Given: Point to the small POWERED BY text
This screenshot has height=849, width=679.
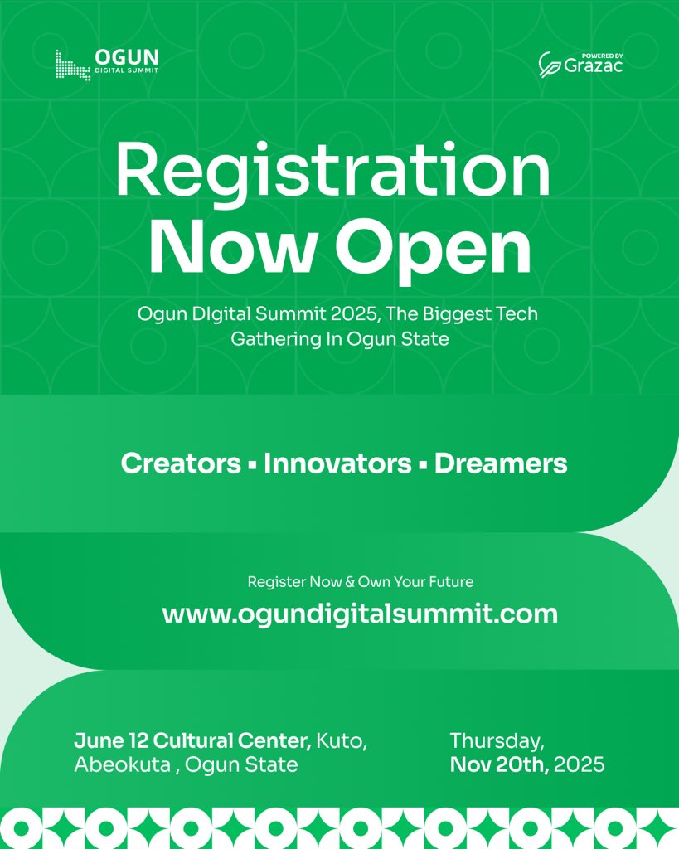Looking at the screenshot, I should tap(603, 56).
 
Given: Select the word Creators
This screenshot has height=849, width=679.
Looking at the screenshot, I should tap(181, 463).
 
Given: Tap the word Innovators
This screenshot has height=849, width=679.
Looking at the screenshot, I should tap(337, 463).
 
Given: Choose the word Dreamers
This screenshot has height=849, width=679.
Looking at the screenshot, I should tap(501, 463).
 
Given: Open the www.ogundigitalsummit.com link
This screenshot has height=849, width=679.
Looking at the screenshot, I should tap(360, 614).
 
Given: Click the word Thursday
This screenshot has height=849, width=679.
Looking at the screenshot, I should tap(497, 740).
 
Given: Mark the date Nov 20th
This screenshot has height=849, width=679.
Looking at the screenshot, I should tap(499, 764).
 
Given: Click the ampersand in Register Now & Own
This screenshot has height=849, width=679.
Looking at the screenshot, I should tap(349, 582).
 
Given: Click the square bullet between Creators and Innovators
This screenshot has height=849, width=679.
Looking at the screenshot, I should tap(251, 465).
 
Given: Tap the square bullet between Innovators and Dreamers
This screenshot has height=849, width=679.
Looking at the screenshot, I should tap(423, 465).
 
